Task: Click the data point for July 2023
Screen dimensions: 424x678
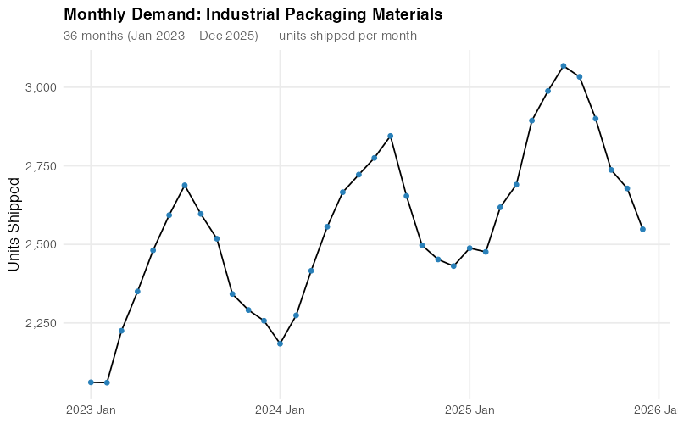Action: click(185, 185)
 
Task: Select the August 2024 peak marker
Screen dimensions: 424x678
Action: click(390, 136)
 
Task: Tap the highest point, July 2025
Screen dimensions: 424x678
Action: click(564, 65)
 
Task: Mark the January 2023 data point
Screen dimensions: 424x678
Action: click(91, 382)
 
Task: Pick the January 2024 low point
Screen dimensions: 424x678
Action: click(281, 343)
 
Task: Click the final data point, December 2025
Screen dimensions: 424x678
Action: click(642, 229)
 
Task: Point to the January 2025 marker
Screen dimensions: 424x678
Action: click(470, 248)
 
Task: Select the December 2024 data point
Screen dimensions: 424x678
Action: click(453, 265)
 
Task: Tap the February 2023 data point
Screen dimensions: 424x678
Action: click(107, 382)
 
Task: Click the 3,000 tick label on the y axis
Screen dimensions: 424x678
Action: click(40, 87)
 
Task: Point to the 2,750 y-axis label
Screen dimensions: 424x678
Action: click(40, 166)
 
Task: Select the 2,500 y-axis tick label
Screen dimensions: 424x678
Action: click(40, 244)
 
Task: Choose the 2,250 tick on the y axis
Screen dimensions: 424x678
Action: click(40, 323)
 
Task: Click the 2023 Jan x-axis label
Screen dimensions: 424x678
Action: click(91, 410)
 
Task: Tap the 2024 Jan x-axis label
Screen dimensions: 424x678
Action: click(281, 410)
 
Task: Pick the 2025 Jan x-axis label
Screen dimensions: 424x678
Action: click(470, 410)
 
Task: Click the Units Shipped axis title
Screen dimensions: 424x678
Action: click(14, 225)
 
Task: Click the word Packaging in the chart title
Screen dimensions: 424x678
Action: click(336, 15)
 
